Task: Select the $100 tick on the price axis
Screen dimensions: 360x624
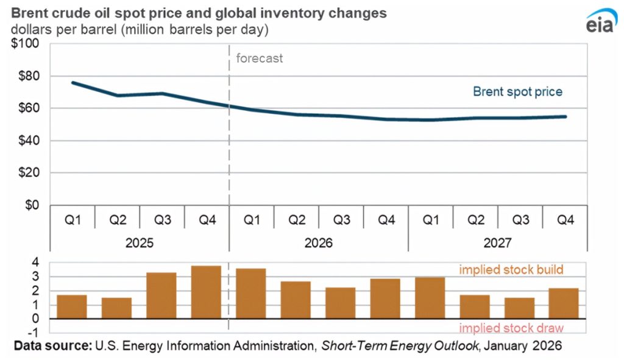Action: pyautogui.click(x=24, y=44)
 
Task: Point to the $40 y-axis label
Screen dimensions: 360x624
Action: pyautogui.click(x=27, y=141)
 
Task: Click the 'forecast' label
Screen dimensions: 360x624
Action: pyautogui.click(x=260, y=59)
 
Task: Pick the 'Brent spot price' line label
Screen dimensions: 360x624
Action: pyautogui.click(x=517, y=92)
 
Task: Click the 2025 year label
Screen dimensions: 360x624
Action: pyautogui.click(x=140, y=243)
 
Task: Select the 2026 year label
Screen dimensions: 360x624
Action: pyautogui.click(x=319, y=243)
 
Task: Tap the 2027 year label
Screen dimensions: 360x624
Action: pyautogui.click(x=498, y=243)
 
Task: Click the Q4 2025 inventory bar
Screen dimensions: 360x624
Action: pyautogui.click(x=207, y=292)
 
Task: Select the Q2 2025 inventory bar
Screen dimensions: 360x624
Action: pyautogui.click(x=117, y=308)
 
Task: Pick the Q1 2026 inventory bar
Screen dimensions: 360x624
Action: pyautogui.click(x=251, y=293)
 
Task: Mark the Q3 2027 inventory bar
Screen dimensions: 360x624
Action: pyautogui.click(x=520, y=308)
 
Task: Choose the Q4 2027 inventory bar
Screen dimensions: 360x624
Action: pyautogui.click(x=564, y=303)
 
